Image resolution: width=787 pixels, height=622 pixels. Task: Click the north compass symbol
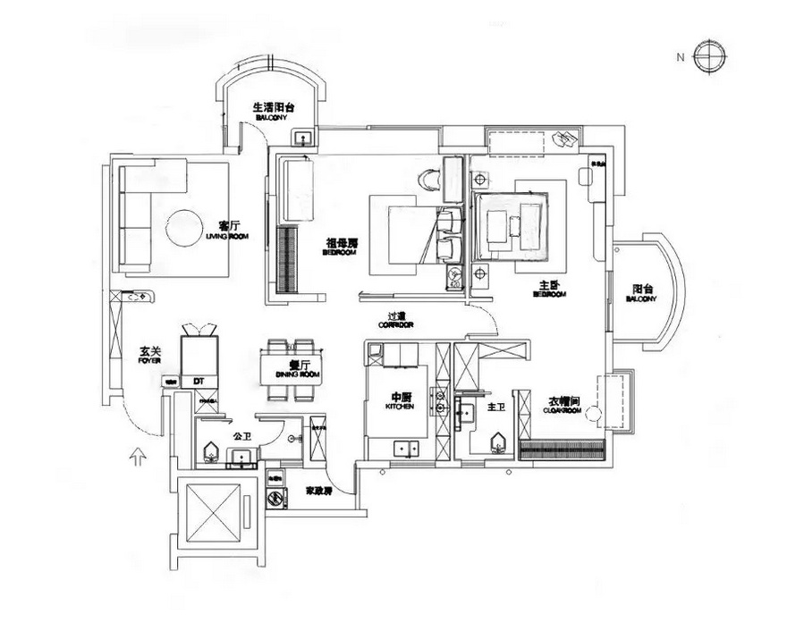(707, 56)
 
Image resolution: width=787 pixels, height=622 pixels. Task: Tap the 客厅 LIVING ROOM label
(227, 229)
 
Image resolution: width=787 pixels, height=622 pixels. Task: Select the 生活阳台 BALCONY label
(273, 111)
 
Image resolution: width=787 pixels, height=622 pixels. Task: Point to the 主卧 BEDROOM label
(548, 289)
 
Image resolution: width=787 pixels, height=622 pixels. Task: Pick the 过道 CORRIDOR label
(397, 319)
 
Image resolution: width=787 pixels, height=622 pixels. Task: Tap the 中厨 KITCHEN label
(400, 401)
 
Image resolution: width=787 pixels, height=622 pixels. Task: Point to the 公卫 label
(240, 437)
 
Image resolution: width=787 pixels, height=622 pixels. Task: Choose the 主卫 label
(496, 408)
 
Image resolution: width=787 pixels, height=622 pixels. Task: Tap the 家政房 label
(319, 492)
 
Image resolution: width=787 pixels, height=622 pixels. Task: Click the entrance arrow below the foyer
(135, 458)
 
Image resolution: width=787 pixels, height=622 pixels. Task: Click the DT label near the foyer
(199, 382)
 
